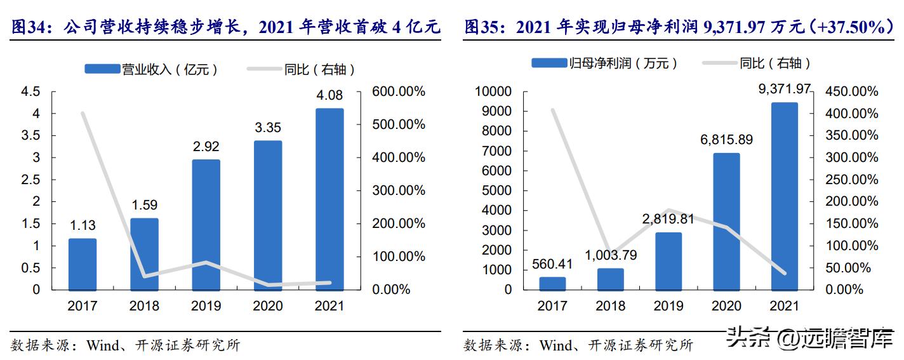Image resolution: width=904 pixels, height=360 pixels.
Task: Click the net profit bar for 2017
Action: (552, 283)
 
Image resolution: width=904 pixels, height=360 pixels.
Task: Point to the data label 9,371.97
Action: (785, 90)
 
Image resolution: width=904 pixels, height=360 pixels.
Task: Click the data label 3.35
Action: (268, 128)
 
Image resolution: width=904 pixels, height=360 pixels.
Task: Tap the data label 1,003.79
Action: (610, 255)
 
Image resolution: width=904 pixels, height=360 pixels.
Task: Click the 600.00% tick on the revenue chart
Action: (399, 92)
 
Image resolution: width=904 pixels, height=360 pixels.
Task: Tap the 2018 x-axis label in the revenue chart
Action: (144, 306)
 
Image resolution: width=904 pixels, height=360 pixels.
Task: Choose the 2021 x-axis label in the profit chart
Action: (784, 306)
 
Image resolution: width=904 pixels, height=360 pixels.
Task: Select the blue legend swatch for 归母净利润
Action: (550, 62)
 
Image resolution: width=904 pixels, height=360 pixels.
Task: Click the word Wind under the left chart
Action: (102, 345)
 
